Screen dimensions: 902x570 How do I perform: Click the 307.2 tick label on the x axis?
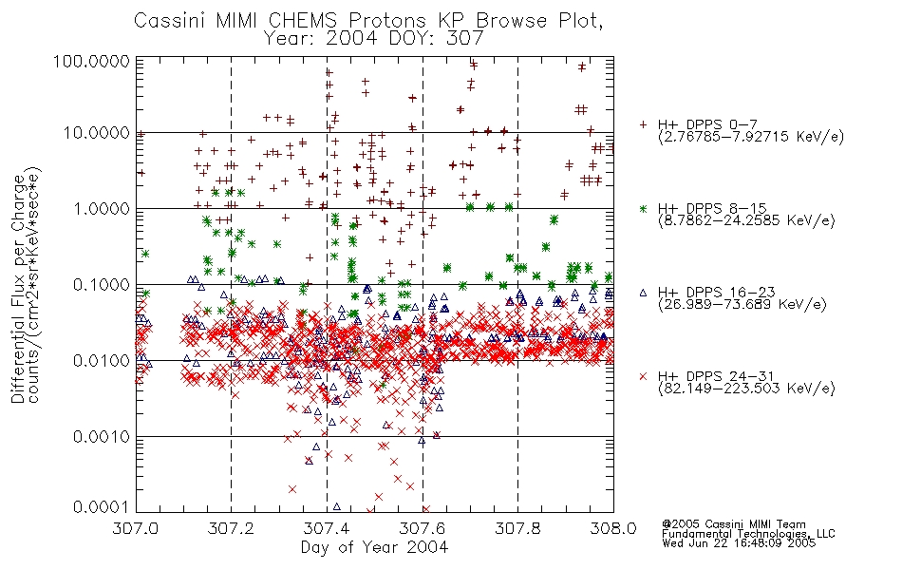coord(231,528)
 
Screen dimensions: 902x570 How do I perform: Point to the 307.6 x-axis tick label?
coord(423,528)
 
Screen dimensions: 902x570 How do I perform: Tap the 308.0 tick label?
coord(613,528)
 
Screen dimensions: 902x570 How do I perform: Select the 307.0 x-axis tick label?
coord(135,528)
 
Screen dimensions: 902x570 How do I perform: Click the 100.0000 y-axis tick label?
coord(92,61)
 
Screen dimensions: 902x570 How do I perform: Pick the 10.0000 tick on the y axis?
coord(97,133)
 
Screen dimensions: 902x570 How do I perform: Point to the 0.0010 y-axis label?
coord(102,437)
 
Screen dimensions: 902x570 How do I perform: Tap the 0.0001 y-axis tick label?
coord(102,507)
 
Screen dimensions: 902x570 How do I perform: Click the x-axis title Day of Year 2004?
coord(374,547)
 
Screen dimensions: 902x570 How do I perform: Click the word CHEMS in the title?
coord(303,21)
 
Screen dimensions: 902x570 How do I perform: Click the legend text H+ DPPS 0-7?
coord(707,124)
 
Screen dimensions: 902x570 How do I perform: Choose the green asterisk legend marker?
coord(643,208)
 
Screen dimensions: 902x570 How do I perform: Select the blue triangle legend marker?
coord(643,293)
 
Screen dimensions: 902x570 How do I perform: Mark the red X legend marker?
coord(643,376)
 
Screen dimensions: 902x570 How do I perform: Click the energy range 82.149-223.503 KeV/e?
coord(746,389)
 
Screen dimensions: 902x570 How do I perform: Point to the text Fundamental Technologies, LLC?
coord(748,534)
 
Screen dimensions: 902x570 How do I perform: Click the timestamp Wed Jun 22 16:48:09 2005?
coord(739,543)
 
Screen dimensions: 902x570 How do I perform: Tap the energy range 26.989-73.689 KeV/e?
coord(742,305)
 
